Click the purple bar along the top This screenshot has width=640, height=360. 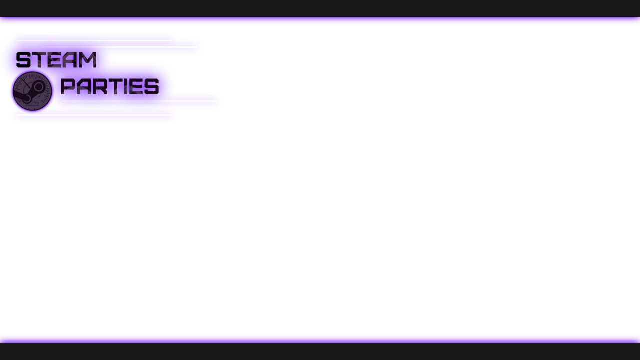click(x=320, y=21)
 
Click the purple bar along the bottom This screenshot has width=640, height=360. click(x=320, y=338)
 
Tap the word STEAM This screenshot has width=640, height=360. click(x=56, y=60)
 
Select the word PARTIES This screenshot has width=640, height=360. click(x=110, y=86)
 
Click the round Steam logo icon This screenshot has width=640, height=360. click(x=32, y=91)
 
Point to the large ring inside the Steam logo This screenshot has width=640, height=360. click(x=38, y=87)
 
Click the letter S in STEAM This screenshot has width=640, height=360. click(x=23, y=60)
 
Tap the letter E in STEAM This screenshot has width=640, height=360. click(x=55, y=60)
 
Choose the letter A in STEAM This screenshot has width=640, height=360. click(x=71, y=60)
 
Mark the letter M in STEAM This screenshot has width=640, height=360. click(x=88, y=60)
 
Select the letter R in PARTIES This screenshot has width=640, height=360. click(x=100, y=86)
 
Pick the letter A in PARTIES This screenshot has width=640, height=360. click(x=83, y=86)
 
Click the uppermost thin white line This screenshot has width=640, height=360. click(x=94, y=40)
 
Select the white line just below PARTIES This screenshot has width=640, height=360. click(x=139, y=101)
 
